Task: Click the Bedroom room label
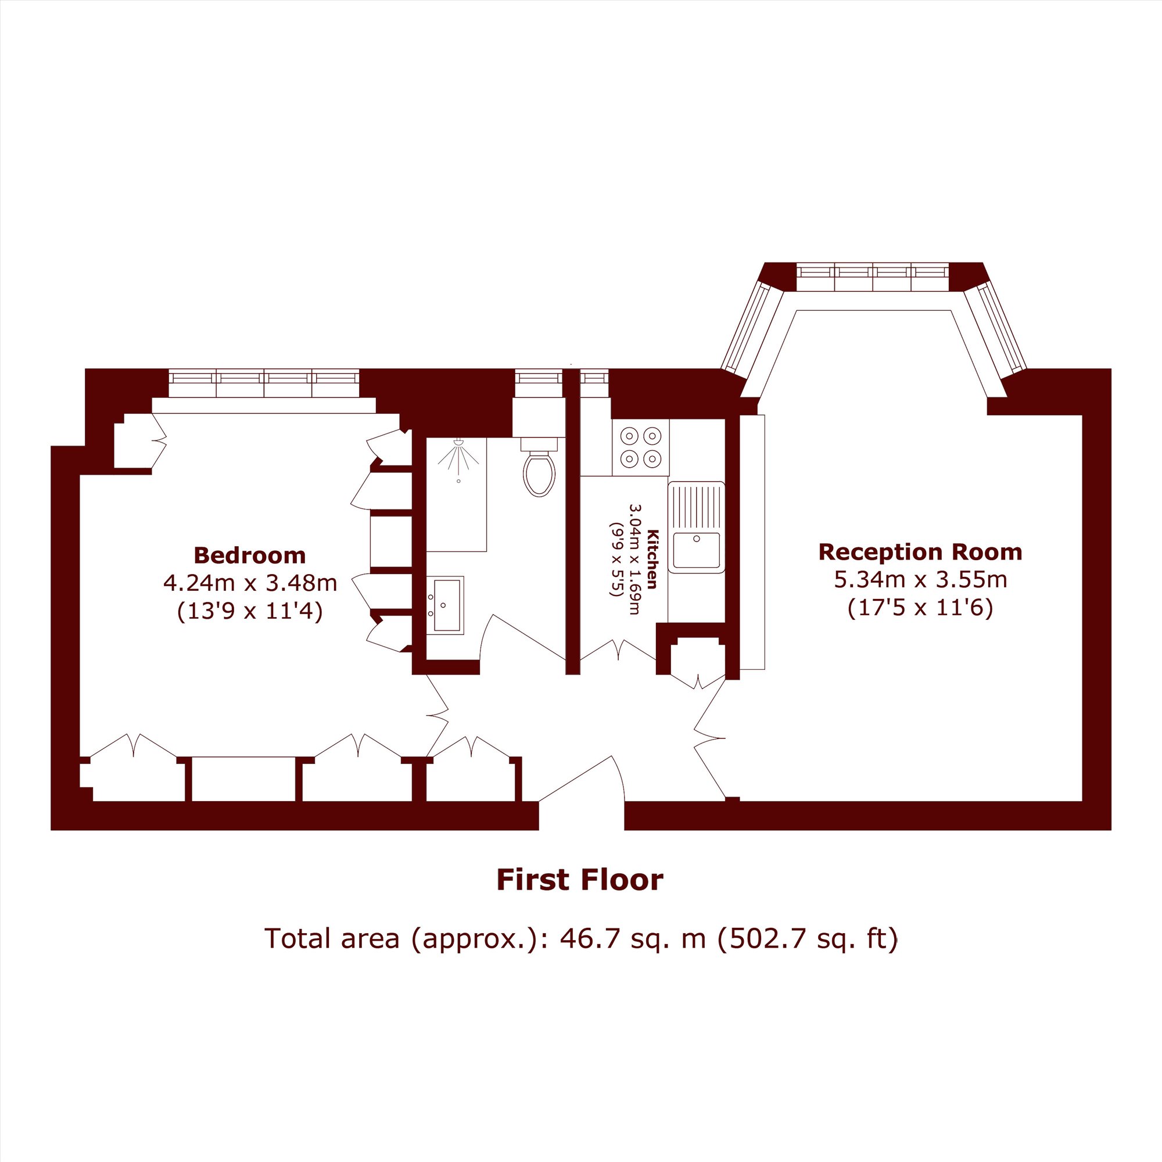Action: tap(250, 555)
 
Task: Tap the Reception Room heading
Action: tap(920, 552)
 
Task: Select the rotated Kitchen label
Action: tap(652, 560)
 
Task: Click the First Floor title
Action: tap(580, 880)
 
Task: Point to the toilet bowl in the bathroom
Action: tap(539, 474)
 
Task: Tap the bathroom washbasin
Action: tap(446, 605)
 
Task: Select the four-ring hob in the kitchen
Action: tap(640, 447)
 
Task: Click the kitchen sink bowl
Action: tap(697, 550)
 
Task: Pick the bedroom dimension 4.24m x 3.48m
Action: tap(250, 583)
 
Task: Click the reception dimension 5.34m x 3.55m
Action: tap(920, 580)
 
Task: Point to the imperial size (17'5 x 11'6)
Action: tap(920, 608)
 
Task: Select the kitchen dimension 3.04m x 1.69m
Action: tap(634, 560)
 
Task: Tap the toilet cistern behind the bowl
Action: tap(540, 444)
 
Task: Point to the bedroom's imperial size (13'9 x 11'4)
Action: tap(250, 612)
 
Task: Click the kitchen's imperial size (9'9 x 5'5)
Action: tap(616, 560)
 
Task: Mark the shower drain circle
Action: tap(459, 481)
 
